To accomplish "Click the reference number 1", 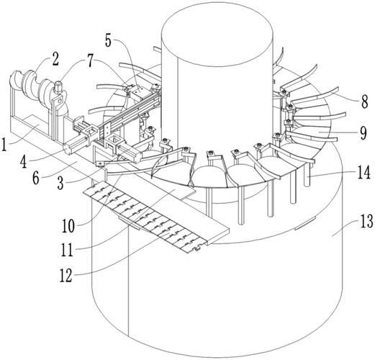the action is tap(4, 143).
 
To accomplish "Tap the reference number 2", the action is tap(55, 59).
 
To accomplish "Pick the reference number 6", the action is tap(36, 178).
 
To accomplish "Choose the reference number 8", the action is tap(364, 102).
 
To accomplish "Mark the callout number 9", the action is tap(363, 132).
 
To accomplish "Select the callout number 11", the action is tap(67, 250).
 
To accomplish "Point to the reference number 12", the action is tap(66, 275).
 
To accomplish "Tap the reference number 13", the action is tap(366, 221).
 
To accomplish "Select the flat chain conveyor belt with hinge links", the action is tap(144, 217).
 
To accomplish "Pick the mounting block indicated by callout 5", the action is tap(138, 91).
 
